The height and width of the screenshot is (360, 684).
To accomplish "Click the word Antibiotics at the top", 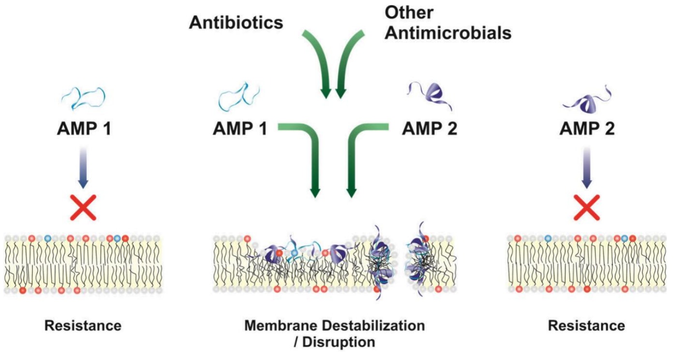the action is coord(236,23).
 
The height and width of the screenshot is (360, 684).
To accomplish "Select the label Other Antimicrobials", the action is coord(448,23).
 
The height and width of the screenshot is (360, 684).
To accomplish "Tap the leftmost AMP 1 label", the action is coord(84,129).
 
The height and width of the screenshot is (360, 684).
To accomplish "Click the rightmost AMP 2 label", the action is coord(587,129).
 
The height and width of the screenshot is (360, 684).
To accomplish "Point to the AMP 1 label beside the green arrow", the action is coord(240,129).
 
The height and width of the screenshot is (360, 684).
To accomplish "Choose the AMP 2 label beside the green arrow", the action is coord(430,129).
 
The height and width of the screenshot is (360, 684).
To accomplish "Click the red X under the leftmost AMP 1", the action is coord(83,208).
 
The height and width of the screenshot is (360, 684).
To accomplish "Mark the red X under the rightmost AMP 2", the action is coord(587,208).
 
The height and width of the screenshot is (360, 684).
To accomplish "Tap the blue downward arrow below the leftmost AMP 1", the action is coord(83,167).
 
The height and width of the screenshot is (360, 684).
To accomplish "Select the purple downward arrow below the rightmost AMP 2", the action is coord(587,167).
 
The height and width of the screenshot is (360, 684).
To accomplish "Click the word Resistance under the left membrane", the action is coord(83,326).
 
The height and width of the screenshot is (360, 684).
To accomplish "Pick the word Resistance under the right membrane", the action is coord(587,326).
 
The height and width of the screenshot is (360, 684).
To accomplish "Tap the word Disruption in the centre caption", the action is coord(339,343).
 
